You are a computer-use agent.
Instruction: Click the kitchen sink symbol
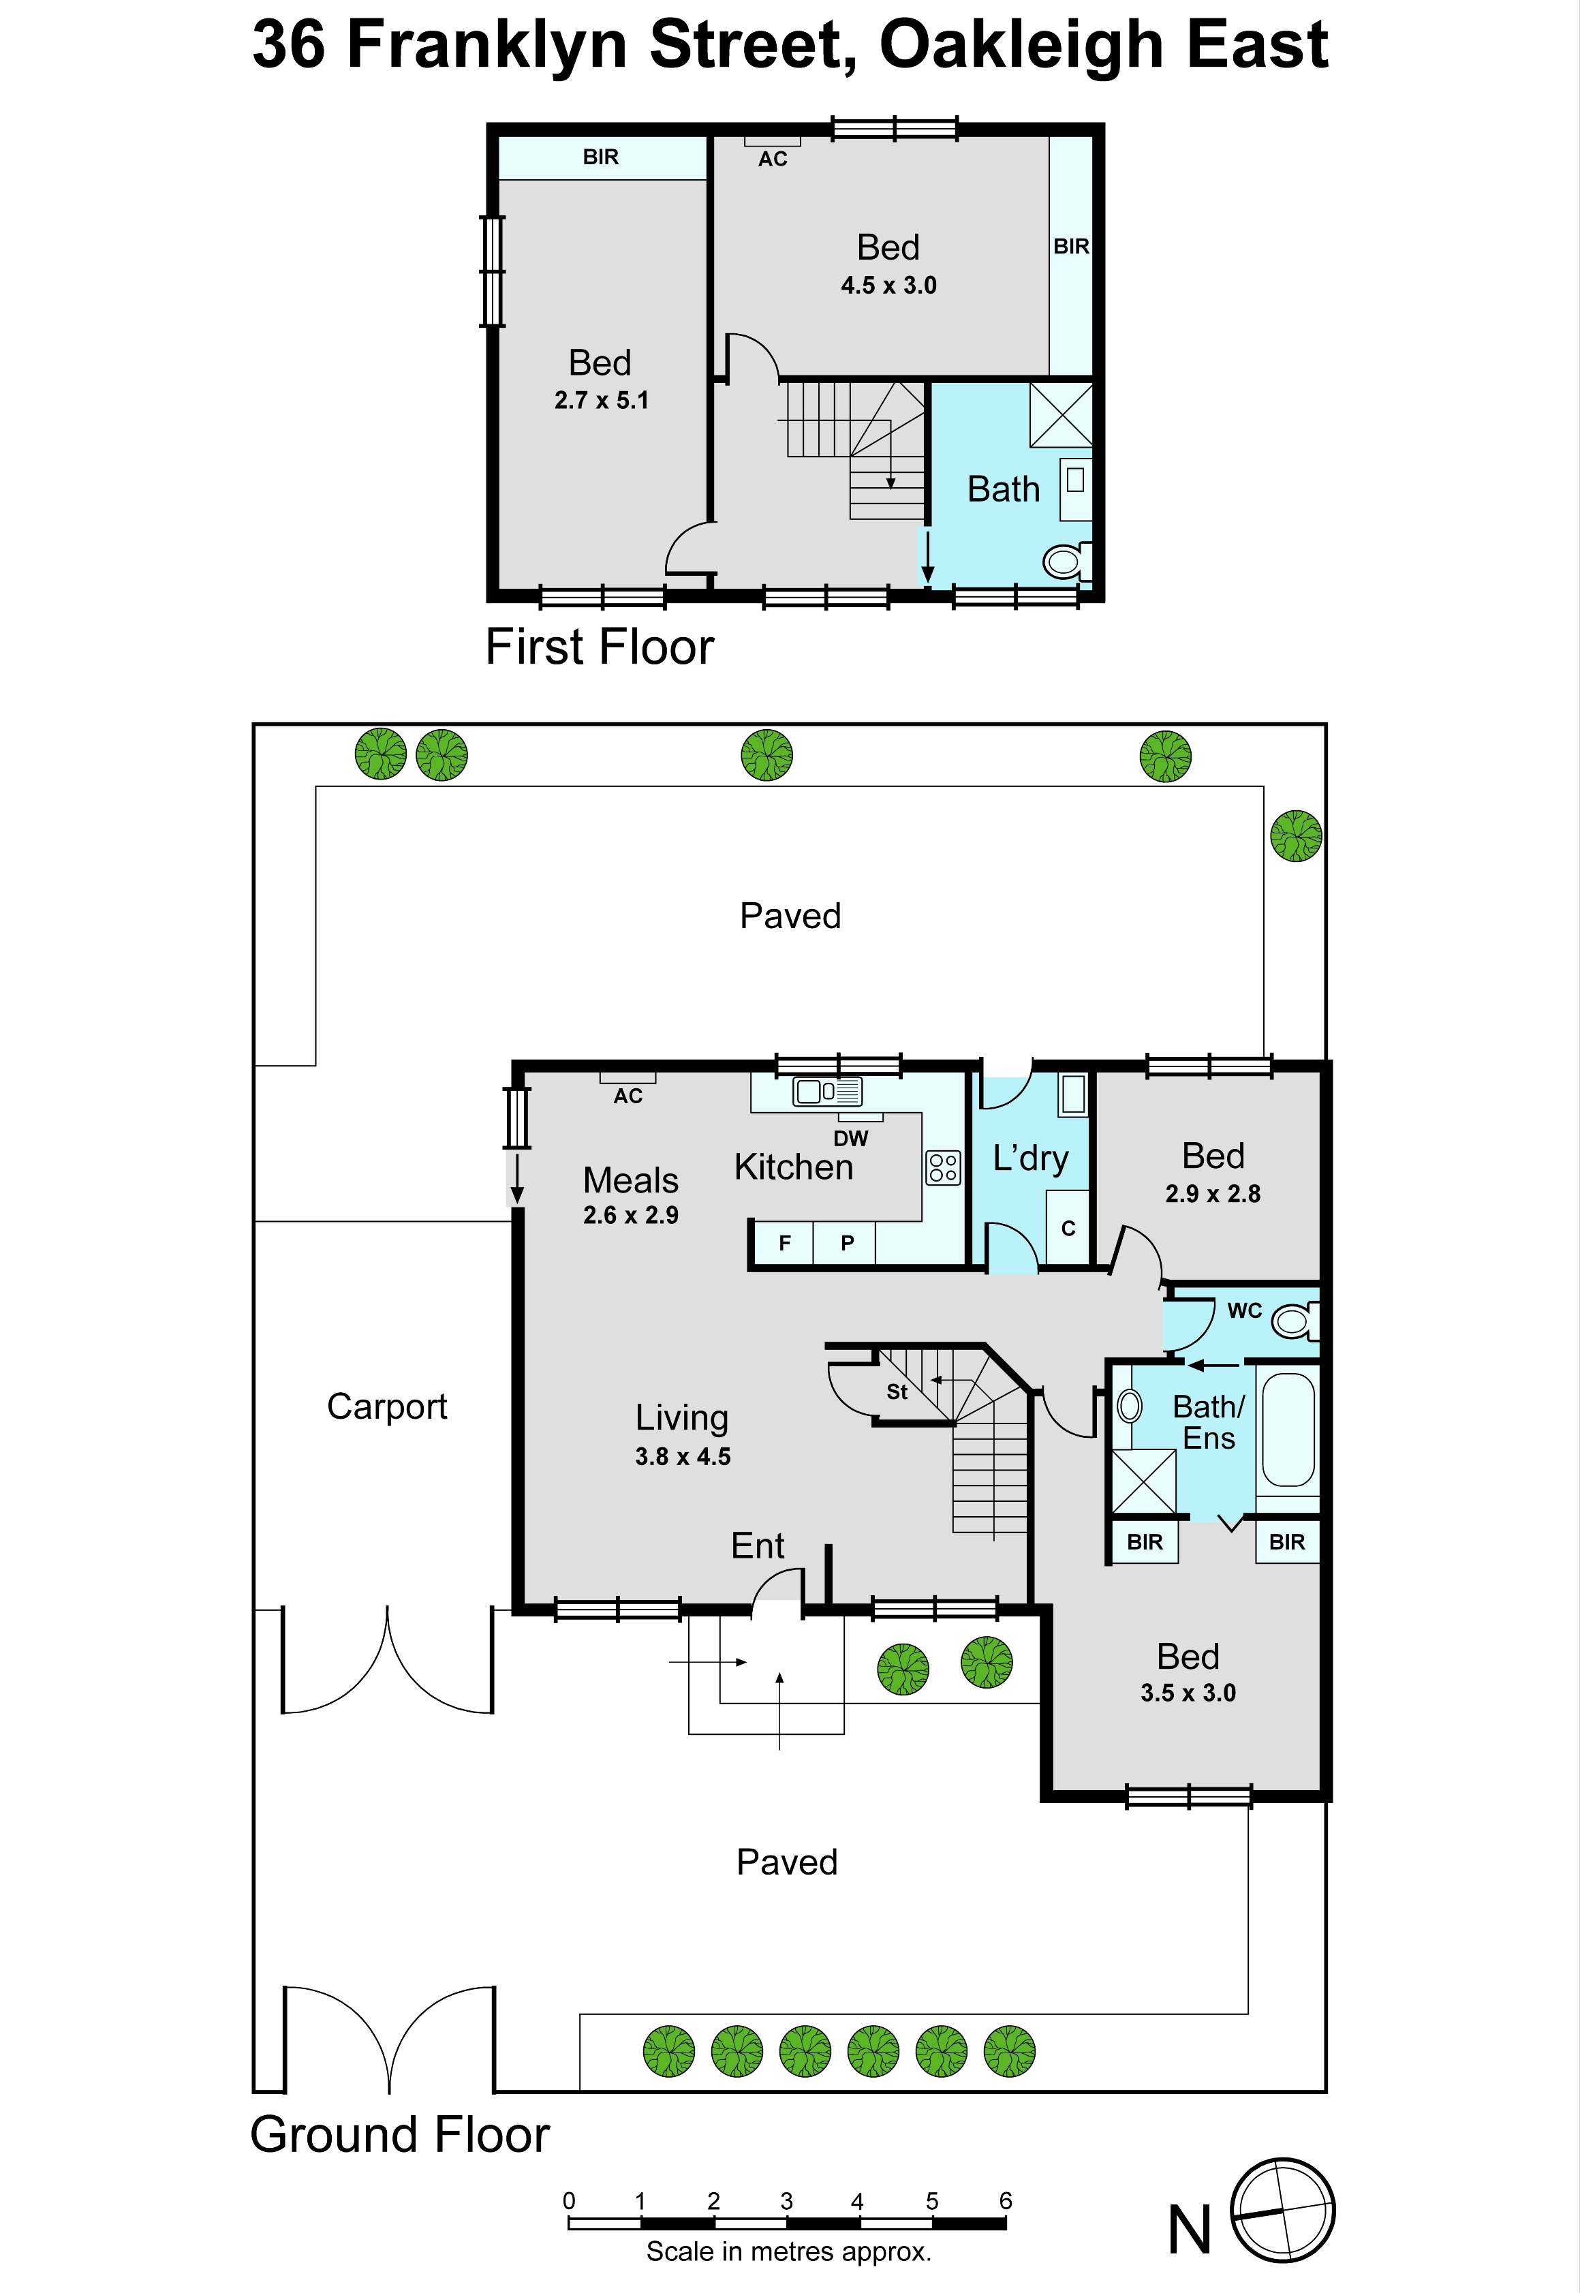pyautogui.click(x=828, y=1091)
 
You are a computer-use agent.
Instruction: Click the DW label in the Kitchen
pyautogui.click(x=850, y=1139)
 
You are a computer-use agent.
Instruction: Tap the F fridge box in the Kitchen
pyautogui.click(x=784, y=1242)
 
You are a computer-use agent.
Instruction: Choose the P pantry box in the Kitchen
pyautogui.click(x=846, y=1242)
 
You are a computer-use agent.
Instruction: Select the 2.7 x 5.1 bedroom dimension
pyautogui.click(x=601, y=400)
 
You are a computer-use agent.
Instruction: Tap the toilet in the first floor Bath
pyautogui.click(x=1067, y=561)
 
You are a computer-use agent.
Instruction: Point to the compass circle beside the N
pyautogui.click(x=1282, y=2210)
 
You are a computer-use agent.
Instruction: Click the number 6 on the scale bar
pyautogui.click(x=1006, y=2200)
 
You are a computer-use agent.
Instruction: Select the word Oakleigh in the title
pyautogui.click(x=1021, y=46)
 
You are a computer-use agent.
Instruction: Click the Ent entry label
pyautogui.click(x=758, y=1545)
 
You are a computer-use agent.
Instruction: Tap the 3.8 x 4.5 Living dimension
pyautogui.click(x=683, y=1456)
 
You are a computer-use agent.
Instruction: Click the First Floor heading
pyautogui.click(x=600, y=647)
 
